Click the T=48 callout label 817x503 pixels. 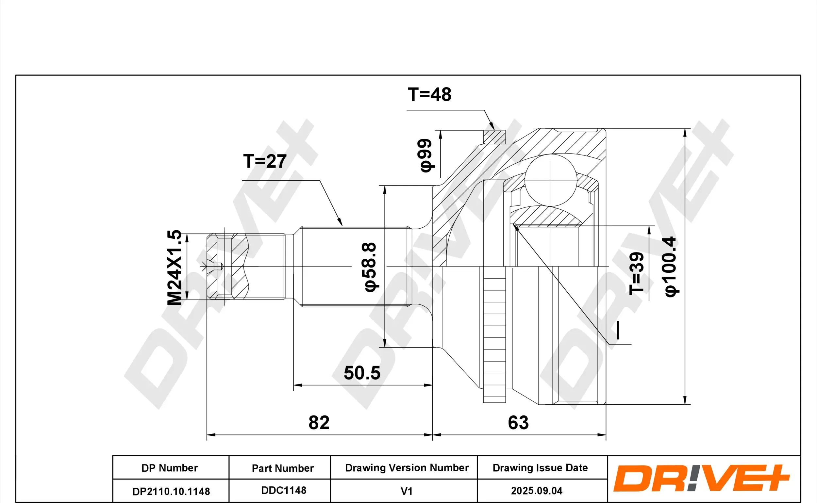coord(429,94)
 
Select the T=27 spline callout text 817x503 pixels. coord(265,161)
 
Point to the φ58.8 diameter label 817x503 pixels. coord(370,267)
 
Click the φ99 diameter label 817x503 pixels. coord(425,155)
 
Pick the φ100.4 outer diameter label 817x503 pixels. coord(671,267)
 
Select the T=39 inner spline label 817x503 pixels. coord(637,273)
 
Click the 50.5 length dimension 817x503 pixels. coord(362,373)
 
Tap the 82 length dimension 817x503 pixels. coord(319,423)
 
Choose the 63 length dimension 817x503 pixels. coord(518,423)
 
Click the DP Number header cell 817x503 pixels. coord(170,468)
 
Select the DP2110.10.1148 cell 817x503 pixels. coord(171,491)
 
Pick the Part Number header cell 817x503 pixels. coord(283,468)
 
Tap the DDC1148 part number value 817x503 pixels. coord(284,490)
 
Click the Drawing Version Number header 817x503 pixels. coord(407,468)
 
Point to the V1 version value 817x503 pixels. coord(406,491)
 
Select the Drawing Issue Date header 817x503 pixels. coord(540,468)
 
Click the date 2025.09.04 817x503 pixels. coord(537,491)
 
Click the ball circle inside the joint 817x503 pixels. coord(551,180)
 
